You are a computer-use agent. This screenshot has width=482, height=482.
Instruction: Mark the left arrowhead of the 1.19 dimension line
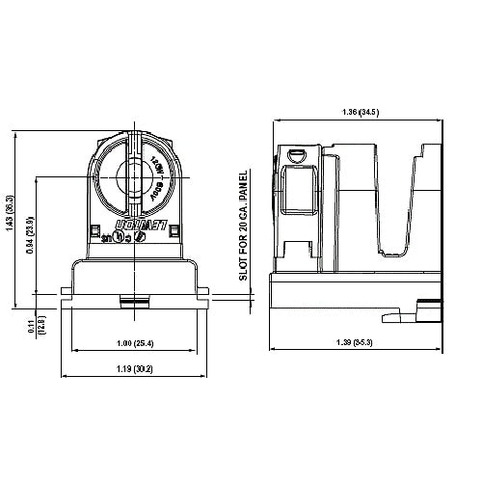pyautogui.click(x=65, y=376)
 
